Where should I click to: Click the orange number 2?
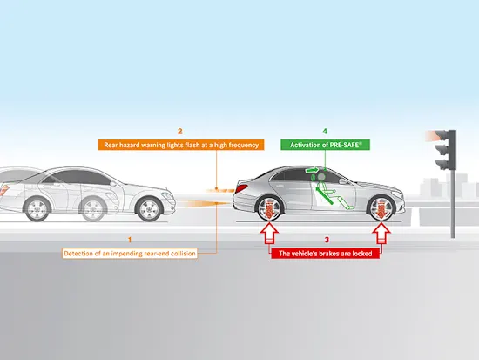click(180, 132)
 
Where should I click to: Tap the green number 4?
click(325, 132)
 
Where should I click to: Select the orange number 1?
click(130, 240)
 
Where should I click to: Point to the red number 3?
click(327, 240)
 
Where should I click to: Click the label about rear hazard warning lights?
click(181, 145)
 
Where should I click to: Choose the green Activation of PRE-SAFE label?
click(326, 145)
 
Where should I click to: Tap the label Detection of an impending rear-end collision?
click(130, 254)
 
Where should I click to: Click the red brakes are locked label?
click(326, 254)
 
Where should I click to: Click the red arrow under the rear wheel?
click(269, 233)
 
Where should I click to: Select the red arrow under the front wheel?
click(381, 233)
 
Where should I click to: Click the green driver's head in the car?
click(321, 177)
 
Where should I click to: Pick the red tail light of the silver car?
click(241, 188)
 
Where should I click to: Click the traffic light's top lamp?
click(442, 135)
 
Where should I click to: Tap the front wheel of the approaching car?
click(150, 210)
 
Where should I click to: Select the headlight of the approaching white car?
click(168, 196)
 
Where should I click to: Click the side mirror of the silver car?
click(343, 181)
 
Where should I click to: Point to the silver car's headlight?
click(397, 194)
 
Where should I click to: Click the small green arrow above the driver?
click(312, 170)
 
